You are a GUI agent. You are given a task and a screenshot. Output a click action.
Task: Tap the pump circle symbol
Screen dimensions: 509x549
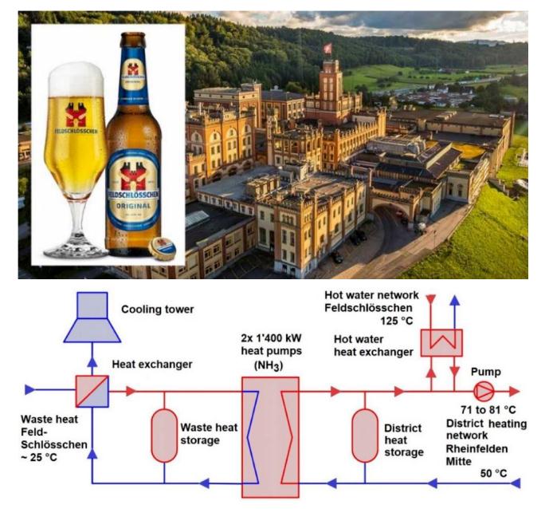point(484,391)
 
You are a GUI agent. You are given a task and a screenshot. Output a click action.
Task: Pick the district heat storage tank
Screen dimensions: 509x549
point(366,435)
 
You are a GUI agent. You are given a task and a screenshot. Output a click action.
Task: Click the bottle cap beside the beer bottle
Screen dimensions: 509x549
point(165,244)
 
